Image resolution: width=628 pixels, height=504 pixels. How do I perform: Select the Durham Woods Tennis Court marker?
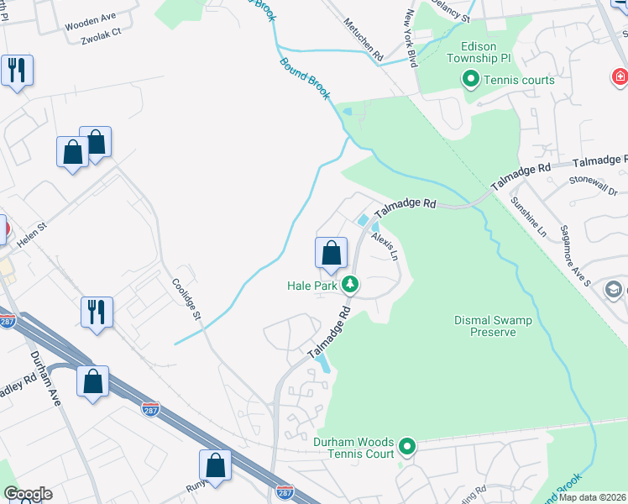point(407,447)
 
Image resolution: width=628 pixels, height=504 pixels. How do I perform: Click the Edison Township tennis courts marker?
point(469,80)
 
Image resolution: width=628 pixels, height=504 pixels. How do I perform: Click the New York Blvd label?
point(411,38)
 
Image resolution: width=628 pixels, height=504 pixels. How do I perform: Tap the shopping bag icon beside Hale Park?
point(331,253)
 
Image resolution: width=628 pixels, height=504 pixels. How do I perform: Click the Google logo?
point(28,494)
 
